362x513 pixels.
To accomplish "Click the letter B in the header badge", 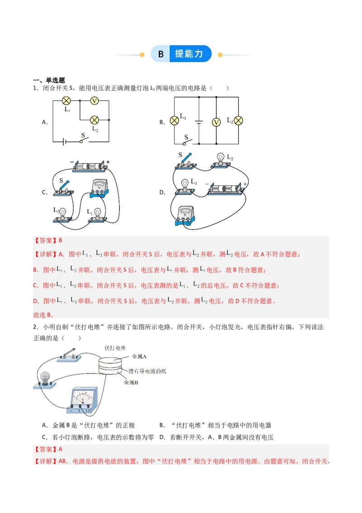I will tap(161, 54).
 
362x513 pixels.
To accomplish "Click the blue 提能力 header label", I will tap(189, 54).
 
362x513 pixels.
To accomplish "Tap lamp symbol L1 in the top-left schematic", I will tap(66, 101).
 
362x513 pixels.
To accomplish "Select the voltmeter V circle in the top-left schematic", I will tap(95, 101).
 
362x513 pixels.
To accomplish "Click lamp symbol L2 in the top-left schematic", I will tap(95, 120).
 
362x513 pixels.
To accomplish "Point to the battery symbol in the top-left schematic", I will tap(66, 141).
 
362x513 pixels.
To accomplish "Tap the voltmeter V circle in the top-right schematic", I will tap(216, 121).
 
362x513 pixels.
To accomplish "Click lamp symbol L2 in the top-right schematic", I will tap(238, 121).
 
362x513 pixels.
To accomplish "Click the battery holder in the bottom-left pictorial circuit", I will tap(90, 166).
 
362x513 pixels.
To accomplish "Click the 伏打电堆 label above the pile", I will tap(115, 348).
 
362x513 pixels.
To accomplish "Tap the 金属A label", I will tap(140, 357).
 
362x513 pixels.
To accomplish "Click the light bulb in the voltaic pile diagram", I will tap(45, 378).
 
